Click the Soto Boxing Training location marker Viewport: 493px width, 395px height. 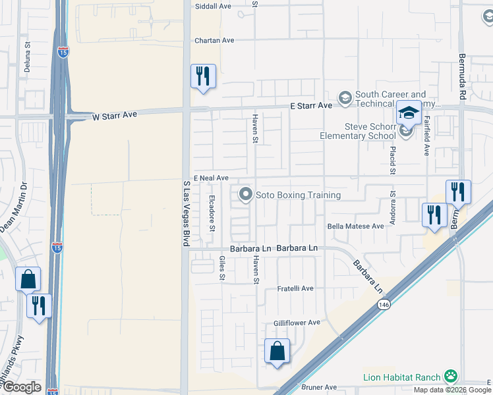click(246, 194)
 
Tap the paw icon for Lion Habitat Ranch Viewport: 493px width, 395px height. click(451, 377)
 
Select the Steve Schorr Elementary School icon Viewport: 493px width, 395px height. click(406, 132)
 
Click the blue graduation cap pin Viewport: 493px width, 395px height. click(409, 113)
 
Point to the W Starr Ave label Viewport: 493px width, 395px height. click(114, 115)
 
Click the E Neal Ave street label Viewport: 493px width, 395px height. click(211, 178)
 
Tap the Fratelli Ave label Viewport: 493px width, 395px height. click(295, 288)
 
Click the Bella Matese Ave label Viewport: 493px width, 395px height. click(356, 226)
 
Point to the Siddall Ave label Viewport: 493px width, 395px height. click(213, 6)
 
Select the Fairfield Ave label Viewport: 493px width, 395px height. click(426, 136)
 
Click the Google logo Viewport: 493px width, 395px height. click(22, 387)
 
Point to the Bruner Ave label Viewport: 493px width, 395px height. click(319, 387)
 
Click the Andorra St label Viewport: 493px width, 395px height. click(393, 207)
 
